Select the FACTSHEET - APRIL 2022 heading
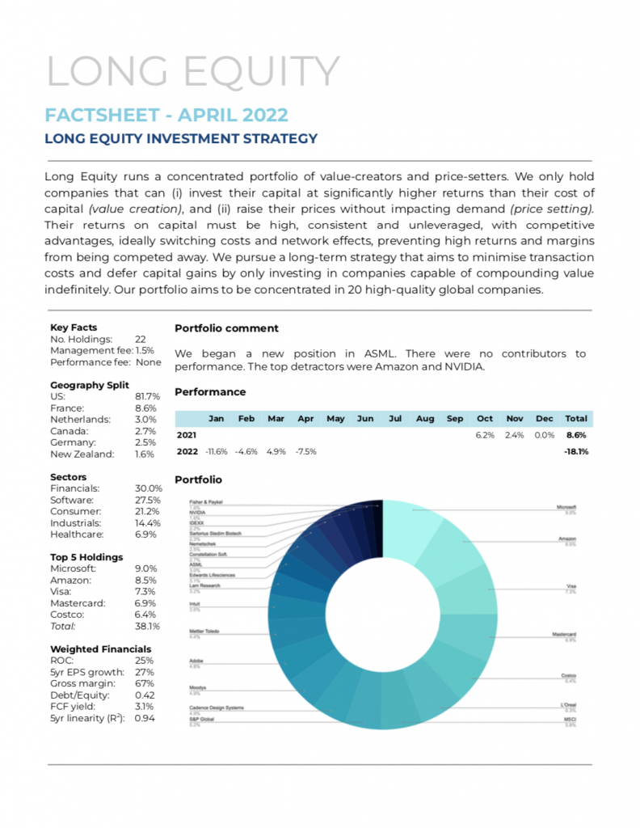tap(166, 114)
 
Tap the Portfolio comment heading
tap(226, 328)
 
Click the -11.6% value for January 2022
tap(215, 451)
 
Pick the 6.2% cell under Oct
tap(485, 435)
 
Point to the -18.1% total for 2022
tap(575, 451)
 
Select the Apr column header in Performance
tap(305, 419)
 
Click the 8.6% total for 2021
tap(576, 435)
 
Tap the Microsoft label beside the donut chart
tap(566, 507)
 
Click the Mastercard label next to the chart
tap(563, 635)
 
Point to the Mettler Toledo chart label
tap(204, 631)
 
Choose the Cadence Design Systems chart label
tap(217, 708)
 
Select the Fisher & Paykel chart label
tap(206, 502)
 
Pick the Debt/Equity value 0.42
tap(145, 695)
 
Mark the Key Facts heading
tap(74, 327)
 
